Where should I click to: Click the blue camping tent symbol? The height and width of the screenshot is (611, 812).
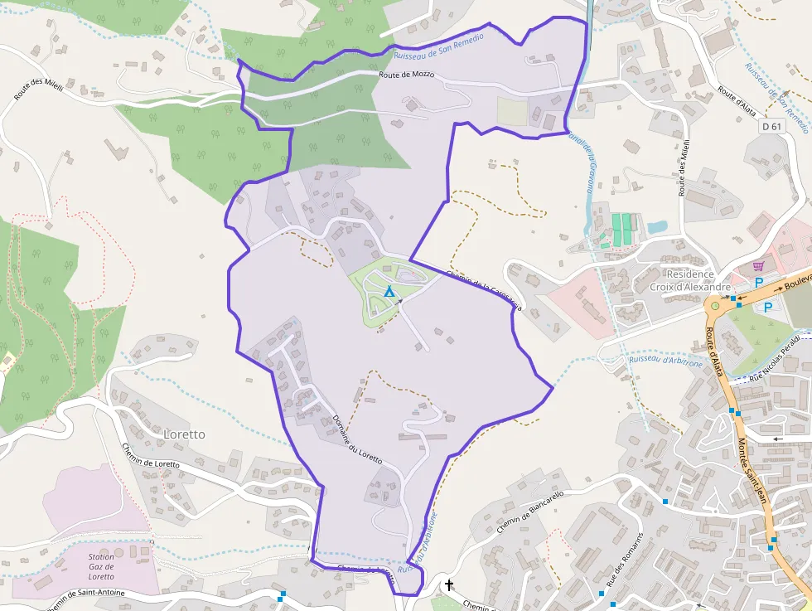point(389,292)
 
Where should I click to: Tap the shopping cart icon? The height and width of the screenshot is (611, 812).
point(757,266)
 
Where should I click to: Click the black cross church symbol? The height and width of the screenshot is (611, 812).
point(449,585)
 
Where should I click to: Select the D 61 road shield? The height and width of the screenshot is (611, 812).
point(771,127)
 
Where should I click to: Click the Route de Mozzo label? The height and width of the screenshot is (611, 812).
point(406,75)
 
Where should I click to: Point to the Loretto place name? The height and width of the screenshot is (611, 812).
point(184,434)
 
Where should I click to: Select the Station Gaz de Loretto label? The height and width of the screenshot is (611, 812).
point(101,566)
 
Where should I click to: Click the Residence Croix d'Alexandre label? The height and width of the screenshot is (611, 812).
point(681,280)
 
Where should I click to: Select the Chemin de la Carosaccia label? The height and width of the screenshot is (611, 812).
point(484,290)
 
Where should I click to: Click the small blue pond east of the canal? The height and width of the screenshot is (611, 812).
point(656,226)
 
